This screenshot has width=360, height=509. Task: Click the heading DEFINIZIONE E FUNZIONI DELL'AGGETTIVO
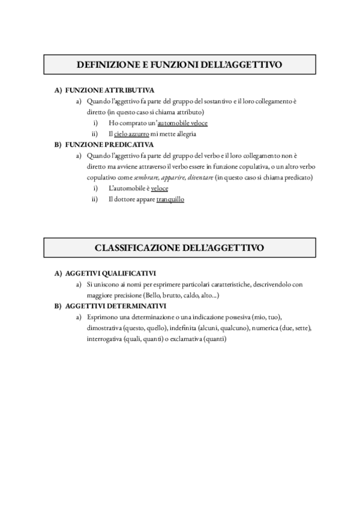tap(179, 64)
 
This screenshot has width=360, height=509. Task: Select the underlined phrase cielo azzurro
tap(128, 134)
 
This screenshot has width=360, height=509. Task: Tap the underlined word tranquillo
tap(170, 199)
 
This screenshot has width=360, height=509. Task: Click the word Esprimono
tap(103, 317)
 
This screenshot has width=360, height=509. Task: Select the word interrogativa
tap(104, 339)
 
